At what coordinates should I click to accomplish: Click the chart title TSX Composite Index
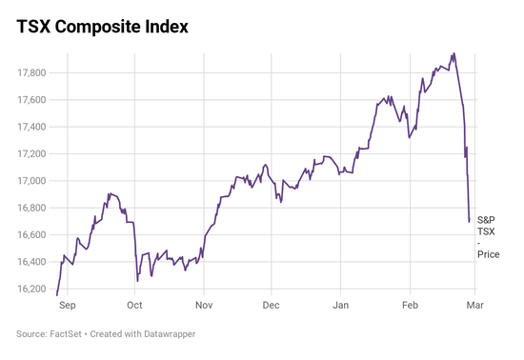pyautogui.click(x=102, y=27)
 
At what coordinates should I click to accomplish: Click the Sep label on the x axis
pyautogui.click(x=67, y=306)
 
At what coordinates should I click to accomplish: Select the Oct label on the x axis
pyautogui.click(x=134, y=306)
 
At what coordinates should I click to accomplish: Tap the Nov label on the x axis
pyautogui.click(x=204, y=306)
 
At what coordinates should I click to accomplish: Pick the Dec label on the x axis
pyautogui.click(x=271, y=306)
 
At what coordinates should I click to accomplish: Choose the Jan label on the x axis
pyautogui.click(x=340, y=306)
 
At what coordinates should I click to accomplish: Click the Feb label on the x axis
pyautogui.click(x=410, y=306)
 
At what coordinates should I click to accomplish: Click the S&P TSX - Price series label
pyautogui.click(x=487, y=237)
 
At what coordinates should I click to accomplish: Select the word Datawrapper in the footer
pyautogui.click(x=177, y=334)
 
